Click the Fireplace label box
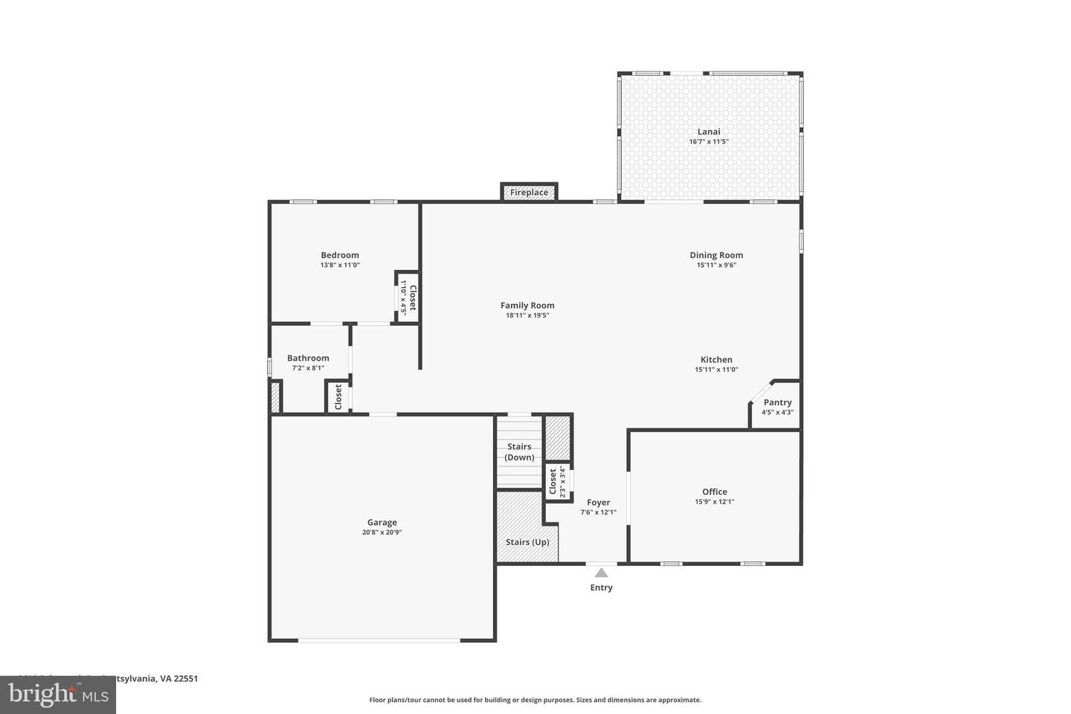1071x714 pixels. pos(529,193)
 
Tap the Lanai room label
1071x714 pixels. pos(708,132)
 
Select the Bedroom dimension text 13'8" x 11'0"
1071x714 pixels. pos(340,266)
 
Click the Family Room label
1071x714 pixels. pos(527,306)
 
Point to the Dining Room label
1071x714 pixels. pos(716,255)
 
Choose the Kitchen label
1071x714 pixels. pos(716,360)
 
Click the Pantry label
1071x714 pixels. pos(777,402)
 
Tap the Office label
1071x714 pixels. pos(715,492)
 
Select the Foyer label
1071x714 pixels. pos(598,503)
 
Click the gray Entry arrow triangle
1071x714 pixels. pos(601,573)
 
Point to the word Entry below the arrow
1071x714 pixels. pos(601,588)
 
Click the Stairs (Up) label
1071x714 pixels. pos(527,542)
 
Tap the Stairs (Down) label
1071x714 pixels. pos(519,452)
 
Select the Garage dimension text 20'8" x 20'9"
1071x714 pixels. pos(382,533)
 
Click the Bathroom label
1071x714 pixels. pos(308,358)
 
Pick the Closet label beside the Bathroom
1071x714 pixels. pos(338,397)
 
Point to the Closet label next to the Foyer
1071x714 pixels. pos(553,482)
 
